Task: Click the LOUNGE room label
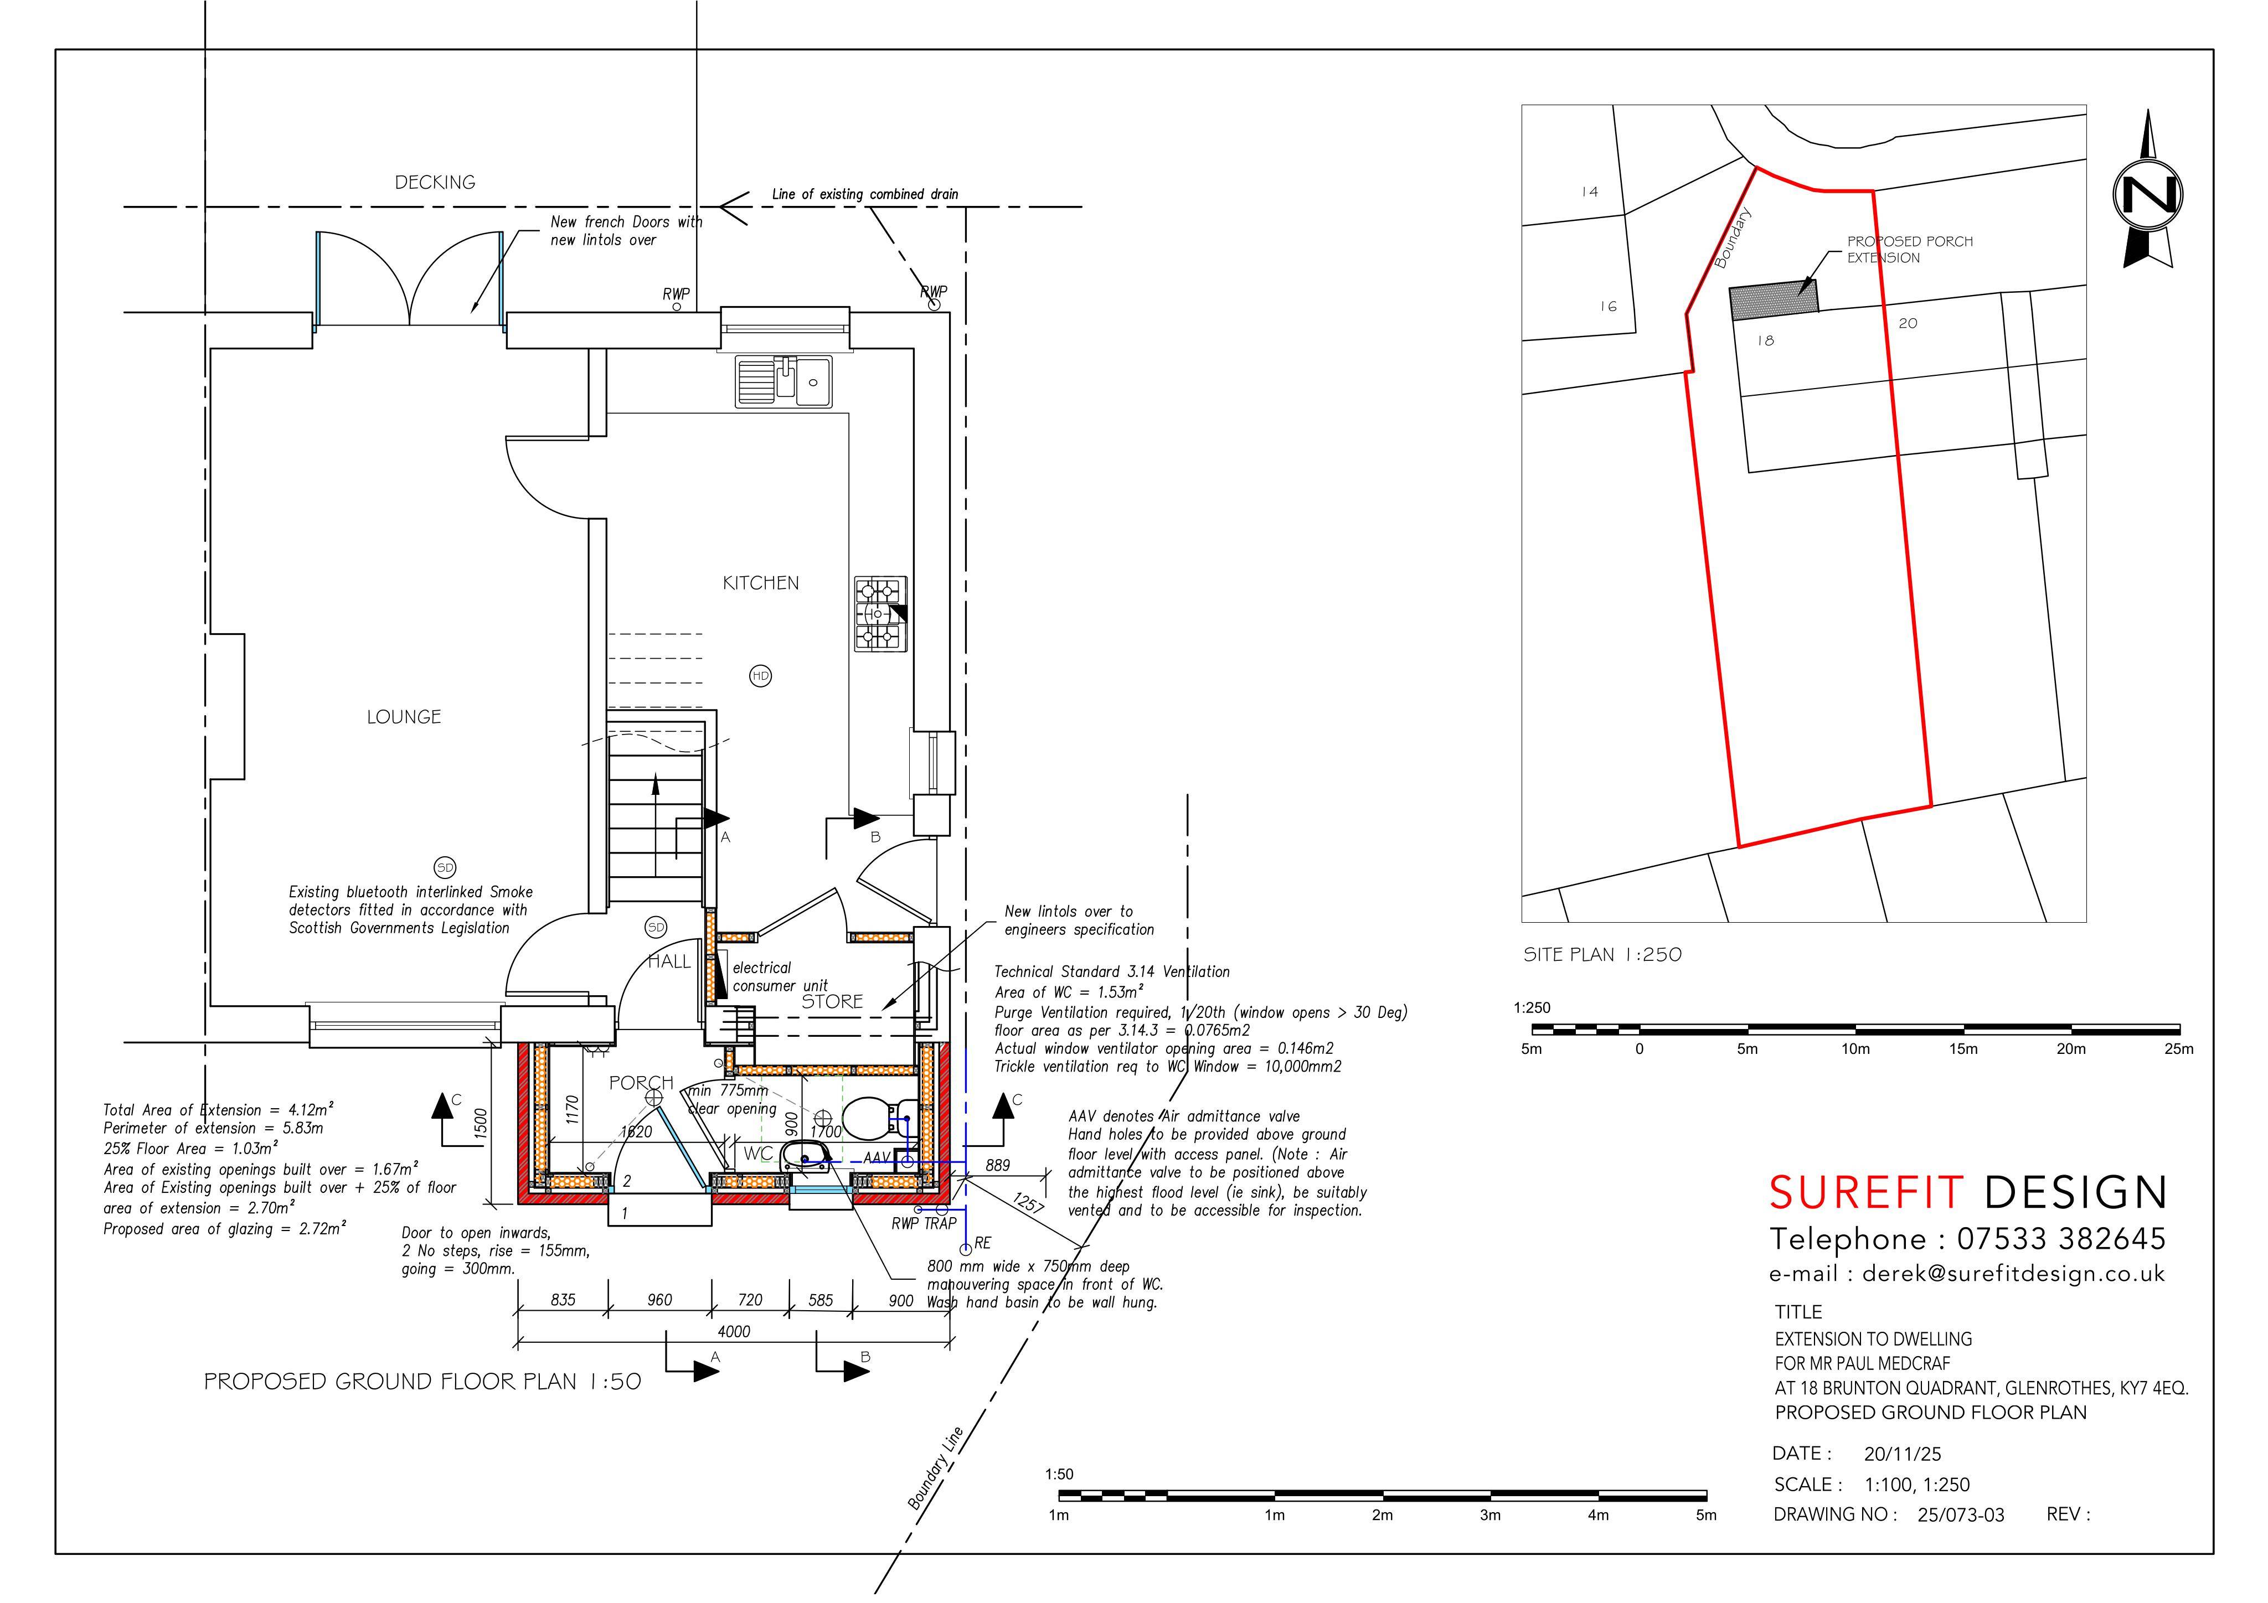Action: [404, 717]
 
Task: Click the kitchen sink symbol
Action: [784, 381]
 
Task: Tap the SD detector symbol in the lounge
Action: [446, 868]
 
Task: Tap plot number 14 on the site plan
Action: [1589, 192]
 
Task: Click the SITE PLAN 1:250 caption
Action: [1602, 954]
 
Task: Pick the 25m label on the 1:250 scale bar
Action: [2179, 1049]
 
